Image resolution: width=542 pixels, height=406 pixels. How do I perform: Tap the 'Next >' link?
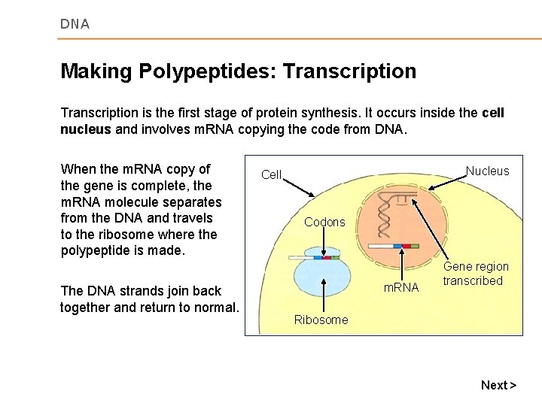pos(498,385)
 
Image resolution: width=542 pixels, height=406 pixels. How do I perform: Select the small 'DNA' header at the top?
pos(75,24)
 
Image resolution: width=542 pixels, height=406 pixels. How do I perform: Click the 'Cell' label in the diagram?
pos(271,174)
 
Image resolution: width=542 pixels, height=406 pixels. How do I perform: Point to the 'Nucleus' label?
pos(487,171)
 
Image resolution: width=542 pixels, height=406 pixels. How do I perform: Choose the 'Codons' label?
pos(324,222)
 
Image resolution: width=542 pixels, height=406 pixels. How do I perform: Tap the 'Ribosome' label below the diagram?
pos(321,320)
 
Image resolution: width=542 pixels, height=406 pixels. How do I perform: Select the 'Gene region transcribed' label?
pos(475,274)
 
